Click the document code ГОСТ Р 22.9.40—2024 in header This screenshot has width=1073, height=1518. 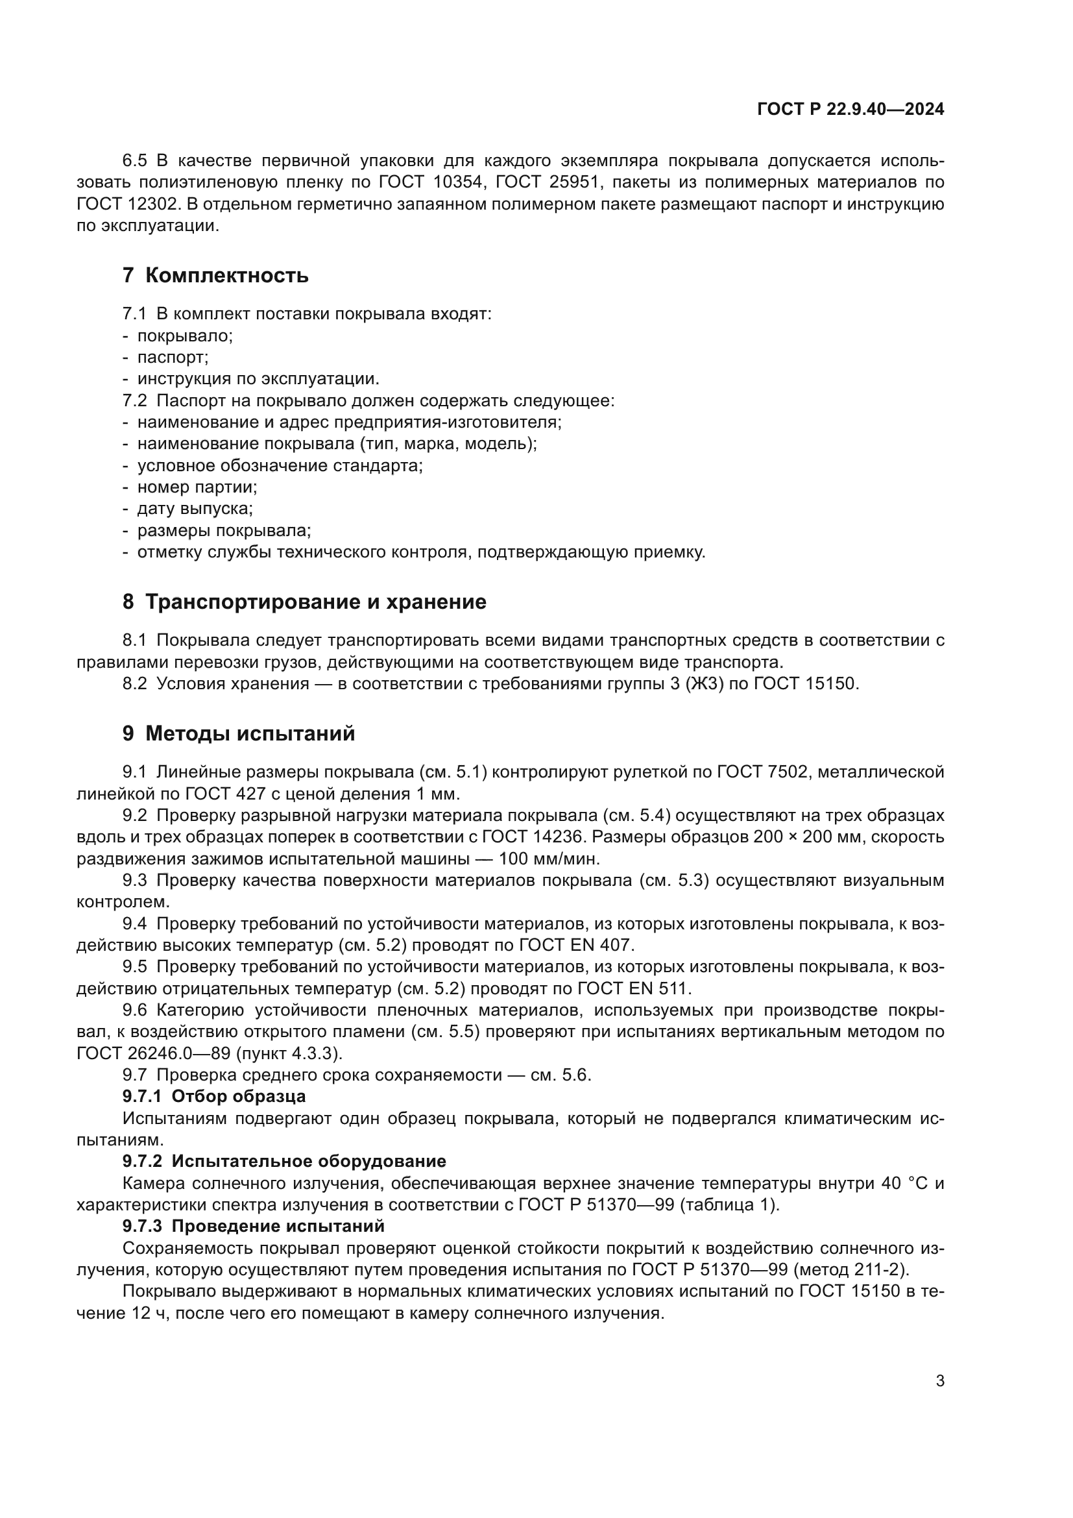[850, 110]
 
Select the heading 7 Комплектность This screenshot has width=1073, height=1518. [215, 275]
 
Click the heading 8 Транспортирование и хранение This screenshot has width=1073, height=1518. [304, 602]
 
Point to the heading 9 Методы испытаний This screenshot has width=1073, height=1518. [239, 733]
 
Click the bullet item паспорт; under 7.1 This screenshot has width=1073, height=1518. [173, 358]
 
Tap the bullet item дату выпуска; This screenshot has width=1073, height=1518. [195, 509]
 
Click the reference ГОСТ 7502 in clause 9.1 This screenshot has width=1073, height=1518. [762, 772]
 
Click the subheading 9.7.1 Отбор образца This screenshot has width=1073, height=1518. [214, 1096]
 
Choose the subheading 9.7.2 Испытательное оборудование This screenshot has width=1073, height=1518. [284, 1161]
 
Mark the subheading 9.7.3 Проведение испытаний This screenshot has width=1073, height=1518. [254, 1226]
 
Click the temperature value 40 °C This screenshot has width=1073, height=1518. [904, 1183]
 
